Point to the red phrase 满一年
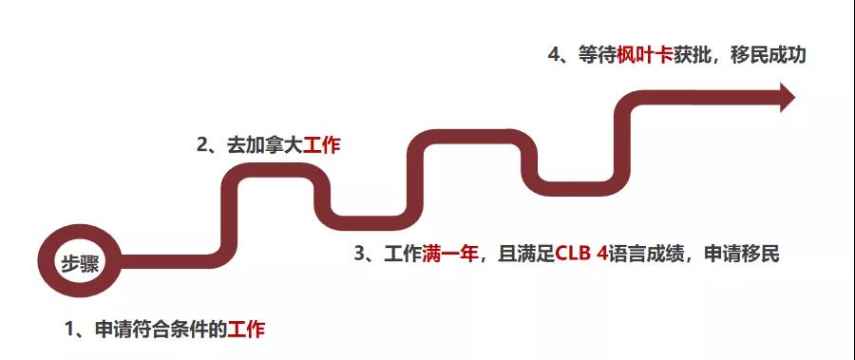pos(449,254)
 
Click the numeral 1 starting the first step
pos(69,330)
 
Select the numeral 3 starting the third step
pos(360,254)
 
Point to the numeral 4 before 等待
pos(554,55)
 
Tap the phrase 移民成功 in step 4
pos(769,55)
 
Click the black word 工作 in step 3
pos(403,254)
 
